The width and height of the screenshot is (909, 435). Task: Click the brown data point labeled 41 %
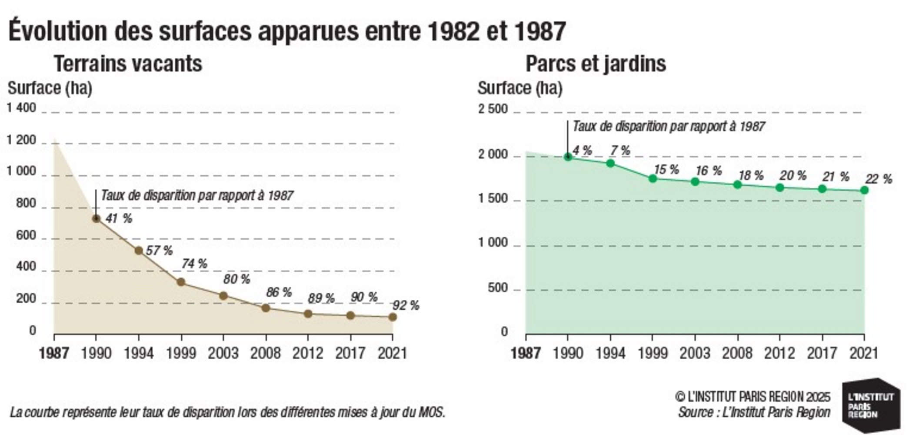[x=96, y=219]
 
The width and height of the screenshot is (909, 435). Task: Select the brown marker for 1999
[x=181, y=282]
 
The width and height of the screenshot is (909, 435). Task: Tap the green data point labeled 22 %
[x=864, y=190]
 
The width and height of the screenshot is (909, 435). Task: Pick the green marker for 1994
[x=610, y=164]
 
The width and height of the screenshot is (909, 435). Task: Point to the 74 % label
[x=194, y=264]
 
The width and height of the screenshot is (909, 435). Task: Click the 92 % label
[x=406, y=305]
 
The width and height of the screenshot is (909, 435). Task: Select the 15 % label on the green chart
[x=666, y=170]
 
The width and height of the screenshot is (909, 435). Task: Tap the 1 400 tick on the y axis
[x=21, y=108]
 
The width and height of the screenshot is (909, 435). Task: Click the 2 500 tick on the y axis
[x=493, y=109]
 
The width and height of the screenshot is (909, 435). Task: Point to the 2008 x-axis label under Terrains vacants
[x=266, y=353]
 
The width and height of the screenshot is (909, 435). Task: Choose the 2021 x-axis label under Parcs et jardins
[x=864, y=353]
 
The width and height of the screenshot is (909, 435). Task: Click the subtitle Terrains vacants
[x=128, y=64]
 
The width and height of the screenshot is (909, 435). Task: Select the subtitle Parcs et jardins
[x=596, y=64]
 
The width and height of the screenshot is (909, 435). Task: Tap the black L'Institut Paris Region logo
[x=871, y=405]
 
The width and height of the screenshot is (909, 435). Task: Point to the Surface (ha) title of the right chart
[x=520, y=88]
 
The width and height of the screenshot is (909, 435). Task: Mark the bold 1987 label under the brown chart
[x=54, y=353]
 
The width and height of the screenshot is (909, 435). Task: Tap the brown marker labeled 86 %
[x=266, y=308]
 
